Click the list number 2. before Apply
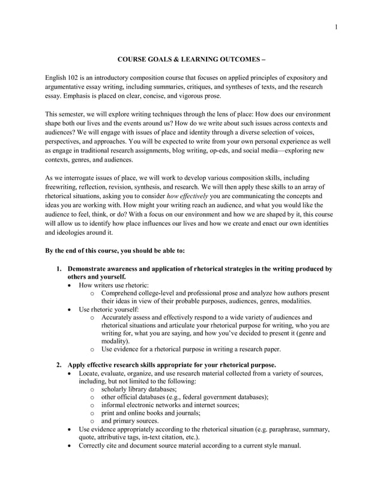[59, 364]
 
